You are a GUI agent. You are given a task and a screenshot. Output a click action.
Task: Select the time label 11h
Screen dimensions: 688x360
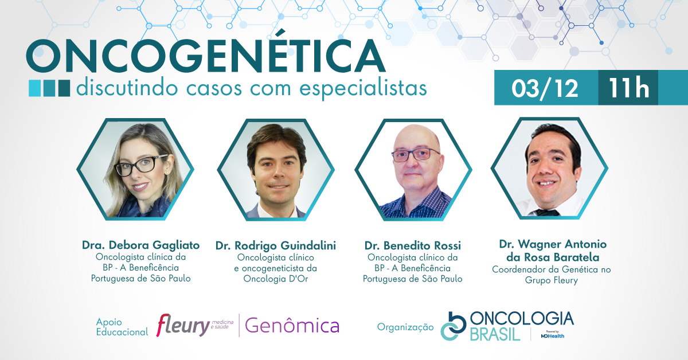(x=629, y=88)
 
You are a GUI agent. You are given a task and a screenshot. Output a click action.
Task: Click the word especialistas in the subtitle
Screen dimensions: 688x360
(x=363, y=88)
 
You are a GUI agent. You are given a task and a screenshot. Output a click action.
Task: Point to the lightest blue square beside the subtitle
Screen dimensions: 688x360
(x=34, y=88)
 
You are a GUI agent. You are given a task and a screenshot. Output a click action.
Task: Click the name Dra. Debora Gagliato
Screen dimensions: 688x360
(x=140, y=245)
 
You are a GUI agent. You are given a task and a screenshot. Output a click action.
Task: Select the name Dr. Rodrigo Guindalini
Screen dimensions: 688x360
(x=276, y=246)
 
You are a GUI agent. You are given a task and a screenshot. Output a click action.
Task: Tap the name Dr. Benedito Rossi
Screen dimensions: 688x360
(x=412, y=246)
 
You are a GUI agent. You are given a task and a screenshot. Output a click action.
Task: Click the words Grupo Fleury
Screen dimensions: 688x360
(x=552, y=280)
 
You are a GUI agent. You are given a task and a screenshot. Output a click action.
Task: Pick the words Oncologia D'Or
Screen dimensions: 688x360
(x=276, y=279)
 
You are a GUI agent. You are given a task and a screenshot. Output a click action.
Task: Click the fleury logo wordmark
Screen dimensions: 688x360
(x=183, y=326)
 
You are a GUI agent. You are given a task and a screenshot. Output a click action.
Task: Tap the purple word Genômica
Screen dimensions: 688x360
(x=292, y=326)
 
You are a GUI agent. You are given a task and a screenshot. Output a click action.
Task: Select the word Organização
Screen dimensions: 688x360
(x=405, y=327)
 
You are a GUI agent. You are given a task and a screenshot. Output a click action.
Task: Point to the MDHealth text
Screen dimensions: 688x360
(x=553, y=336)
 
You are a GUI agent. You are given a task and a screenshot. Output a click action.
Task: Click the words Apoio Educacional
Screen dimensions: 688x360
(x=122, y=327)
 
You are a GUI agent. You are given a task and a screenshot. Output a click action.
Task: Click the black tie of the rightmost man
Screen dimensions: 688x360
(x=548, y=212)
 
